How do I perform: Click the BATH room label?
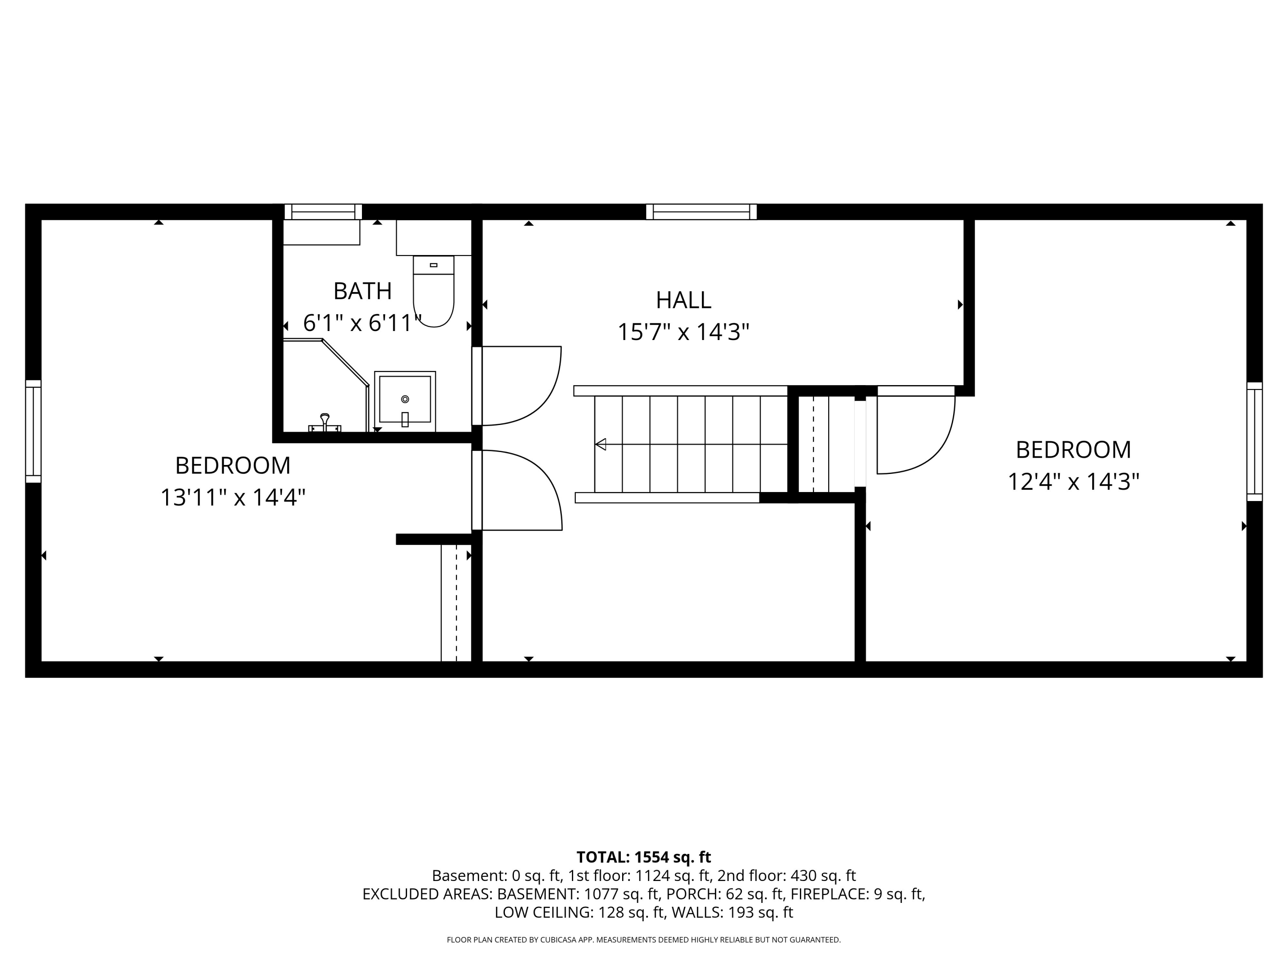click(362, 291)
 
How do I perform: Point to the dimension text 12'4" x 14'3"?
click(1073, 482)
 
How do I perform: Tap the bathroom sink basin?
click(405, 401)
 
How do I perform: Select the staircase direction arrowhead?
click(600, 444)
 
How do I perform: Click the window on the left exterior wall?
click(33, 431)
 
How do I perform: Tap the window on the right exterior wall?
click(1254, 441)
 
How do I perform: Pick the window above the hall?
click(701, 212)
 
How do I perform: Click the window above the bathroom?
click(323, 212)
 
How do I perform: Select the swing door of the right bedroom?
click(915, 434)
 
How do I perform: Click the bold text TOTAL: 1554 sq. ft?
click(644, 857)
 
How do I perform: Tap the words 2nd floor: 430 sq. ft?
click(787, 876)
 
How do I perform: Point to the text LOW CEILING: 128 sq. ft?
click(579, 912)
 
